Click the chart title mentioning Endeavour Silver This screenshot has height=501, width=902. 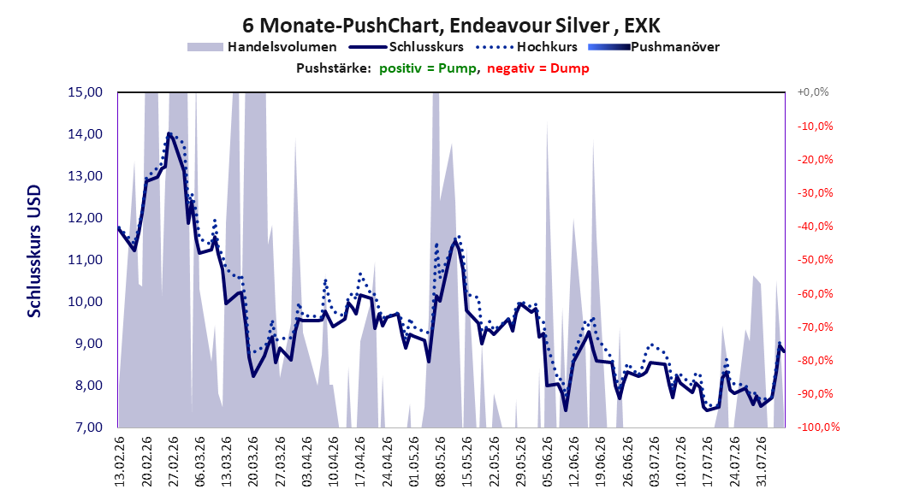(451, 26)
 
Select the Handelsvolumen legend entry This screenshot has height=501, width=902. (263, 47)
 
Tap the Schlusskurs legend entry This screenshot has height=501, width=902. (406, 47)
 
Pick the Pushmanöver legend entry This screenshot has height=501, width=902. (654, 47)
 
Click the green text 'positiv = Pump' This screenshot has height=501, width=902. (428, 68)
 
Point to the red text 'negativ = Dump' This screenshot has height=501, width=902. (538, 68)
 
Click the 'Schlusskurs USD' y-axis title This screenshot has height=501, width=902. (34, 251)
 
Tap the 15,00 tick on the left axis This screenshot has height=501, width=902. (85, 92)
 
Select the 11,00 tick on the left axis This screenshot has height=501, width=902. (85, 260)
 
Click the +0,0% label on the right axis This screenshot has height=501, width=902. (813, 92)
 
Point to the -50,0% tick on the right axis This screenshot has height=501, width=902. (815, 260)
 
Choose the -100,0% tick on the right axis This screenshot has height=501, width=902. (818, 427)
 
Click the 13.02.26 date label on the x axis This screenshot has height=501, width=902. (120, 462)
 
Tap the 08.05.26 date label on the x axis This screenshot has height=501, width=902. (441, 462)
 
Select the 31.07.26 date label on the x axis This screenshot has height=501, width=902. (762, 462)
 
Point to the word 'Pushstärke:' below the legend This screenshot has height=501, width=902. (334, 68)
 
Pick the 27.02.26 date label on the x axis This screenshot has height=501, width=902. (173, 462)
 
